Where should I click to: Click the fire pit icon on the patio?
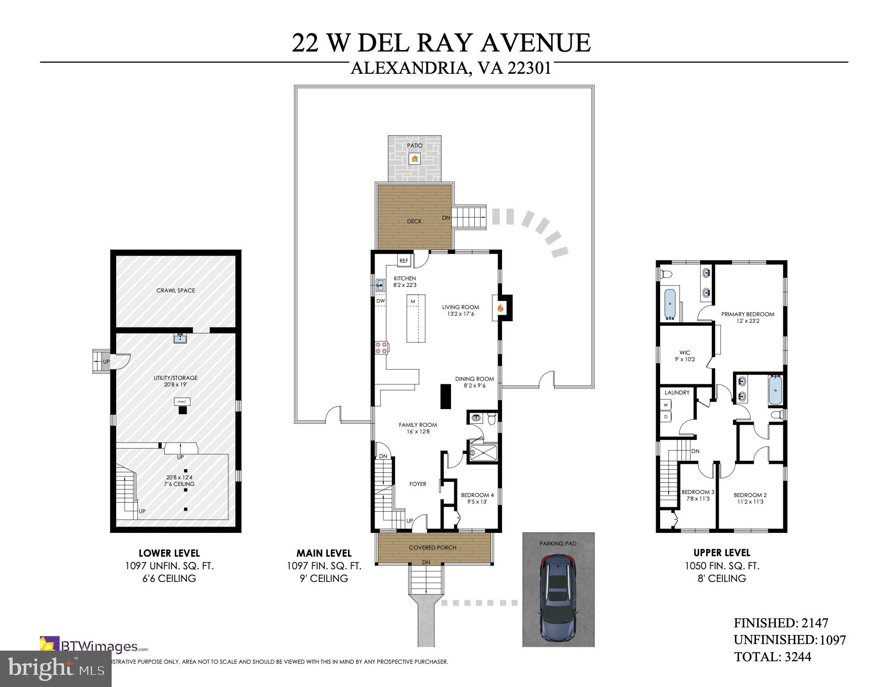[415, 159]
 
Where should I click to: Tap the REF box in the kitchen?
[404, 261]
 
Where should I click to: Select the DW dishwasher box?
[380, 301]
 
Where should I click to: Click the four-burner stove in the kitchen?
[381, 347]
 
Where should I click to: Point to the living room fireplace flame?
[501, 307]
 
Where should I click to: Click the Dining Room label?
[474, 379]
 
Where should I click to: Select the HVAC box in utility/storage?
[182, 402]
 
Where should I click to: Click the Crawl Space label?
[175, 290]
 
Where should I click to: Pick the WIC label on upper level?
[684, 353]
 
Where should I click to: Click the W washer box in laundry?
[666, 405]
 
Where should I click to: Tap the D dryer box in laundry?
[666, 417]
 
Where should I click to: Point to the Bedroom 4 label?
[477, 495]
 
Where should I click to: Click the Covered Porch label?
[432, 548]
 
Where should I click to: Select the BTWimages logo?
[93, 646]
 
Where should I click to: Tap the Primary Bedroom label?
[747, 314]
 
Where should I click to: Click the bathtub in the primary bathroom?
[670, 304]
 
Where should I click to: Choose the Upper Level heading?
[721, 553]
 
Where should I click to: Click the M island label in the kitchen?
[413, 302]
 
